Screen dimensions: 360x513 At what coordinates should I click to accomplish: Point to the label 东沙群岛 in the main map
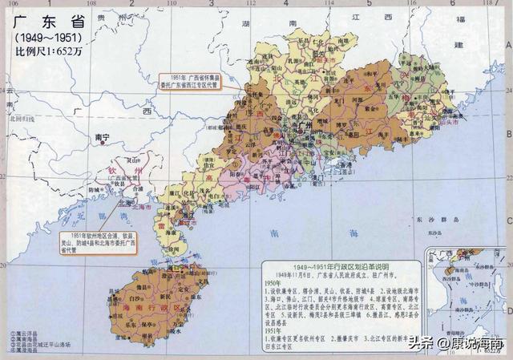[439, 219]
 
